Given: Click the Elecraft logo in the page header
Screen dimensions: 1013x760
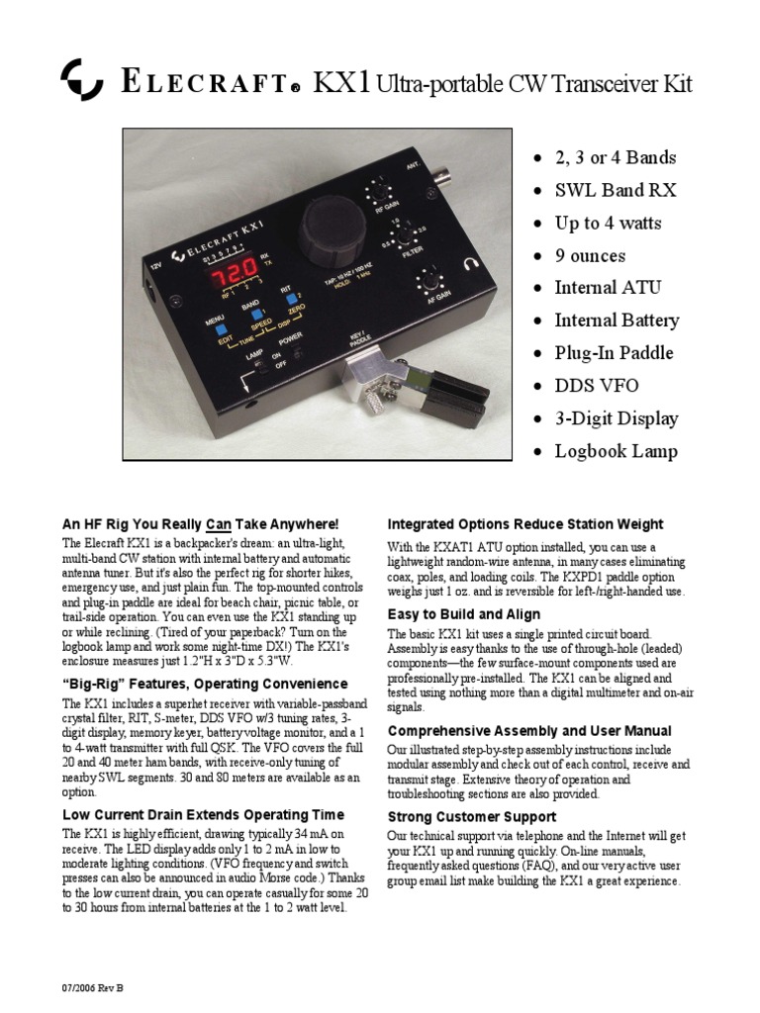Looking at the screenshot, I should (82, 80).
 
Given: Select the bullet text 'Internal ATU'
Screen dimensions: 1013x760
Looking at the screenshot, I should (608, 288).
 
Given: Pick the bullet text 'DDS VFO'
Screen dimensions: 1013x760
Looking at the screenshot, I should (596, 386).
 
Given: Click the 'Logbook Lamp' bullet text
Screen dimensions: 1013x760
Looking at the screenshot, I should (616, 452).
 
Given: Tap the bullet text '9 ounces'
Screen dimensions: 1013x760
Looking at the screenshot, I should (590, 255).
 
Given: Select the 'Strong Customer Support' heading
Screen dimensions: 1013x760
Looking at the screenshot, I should (471, 817).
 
